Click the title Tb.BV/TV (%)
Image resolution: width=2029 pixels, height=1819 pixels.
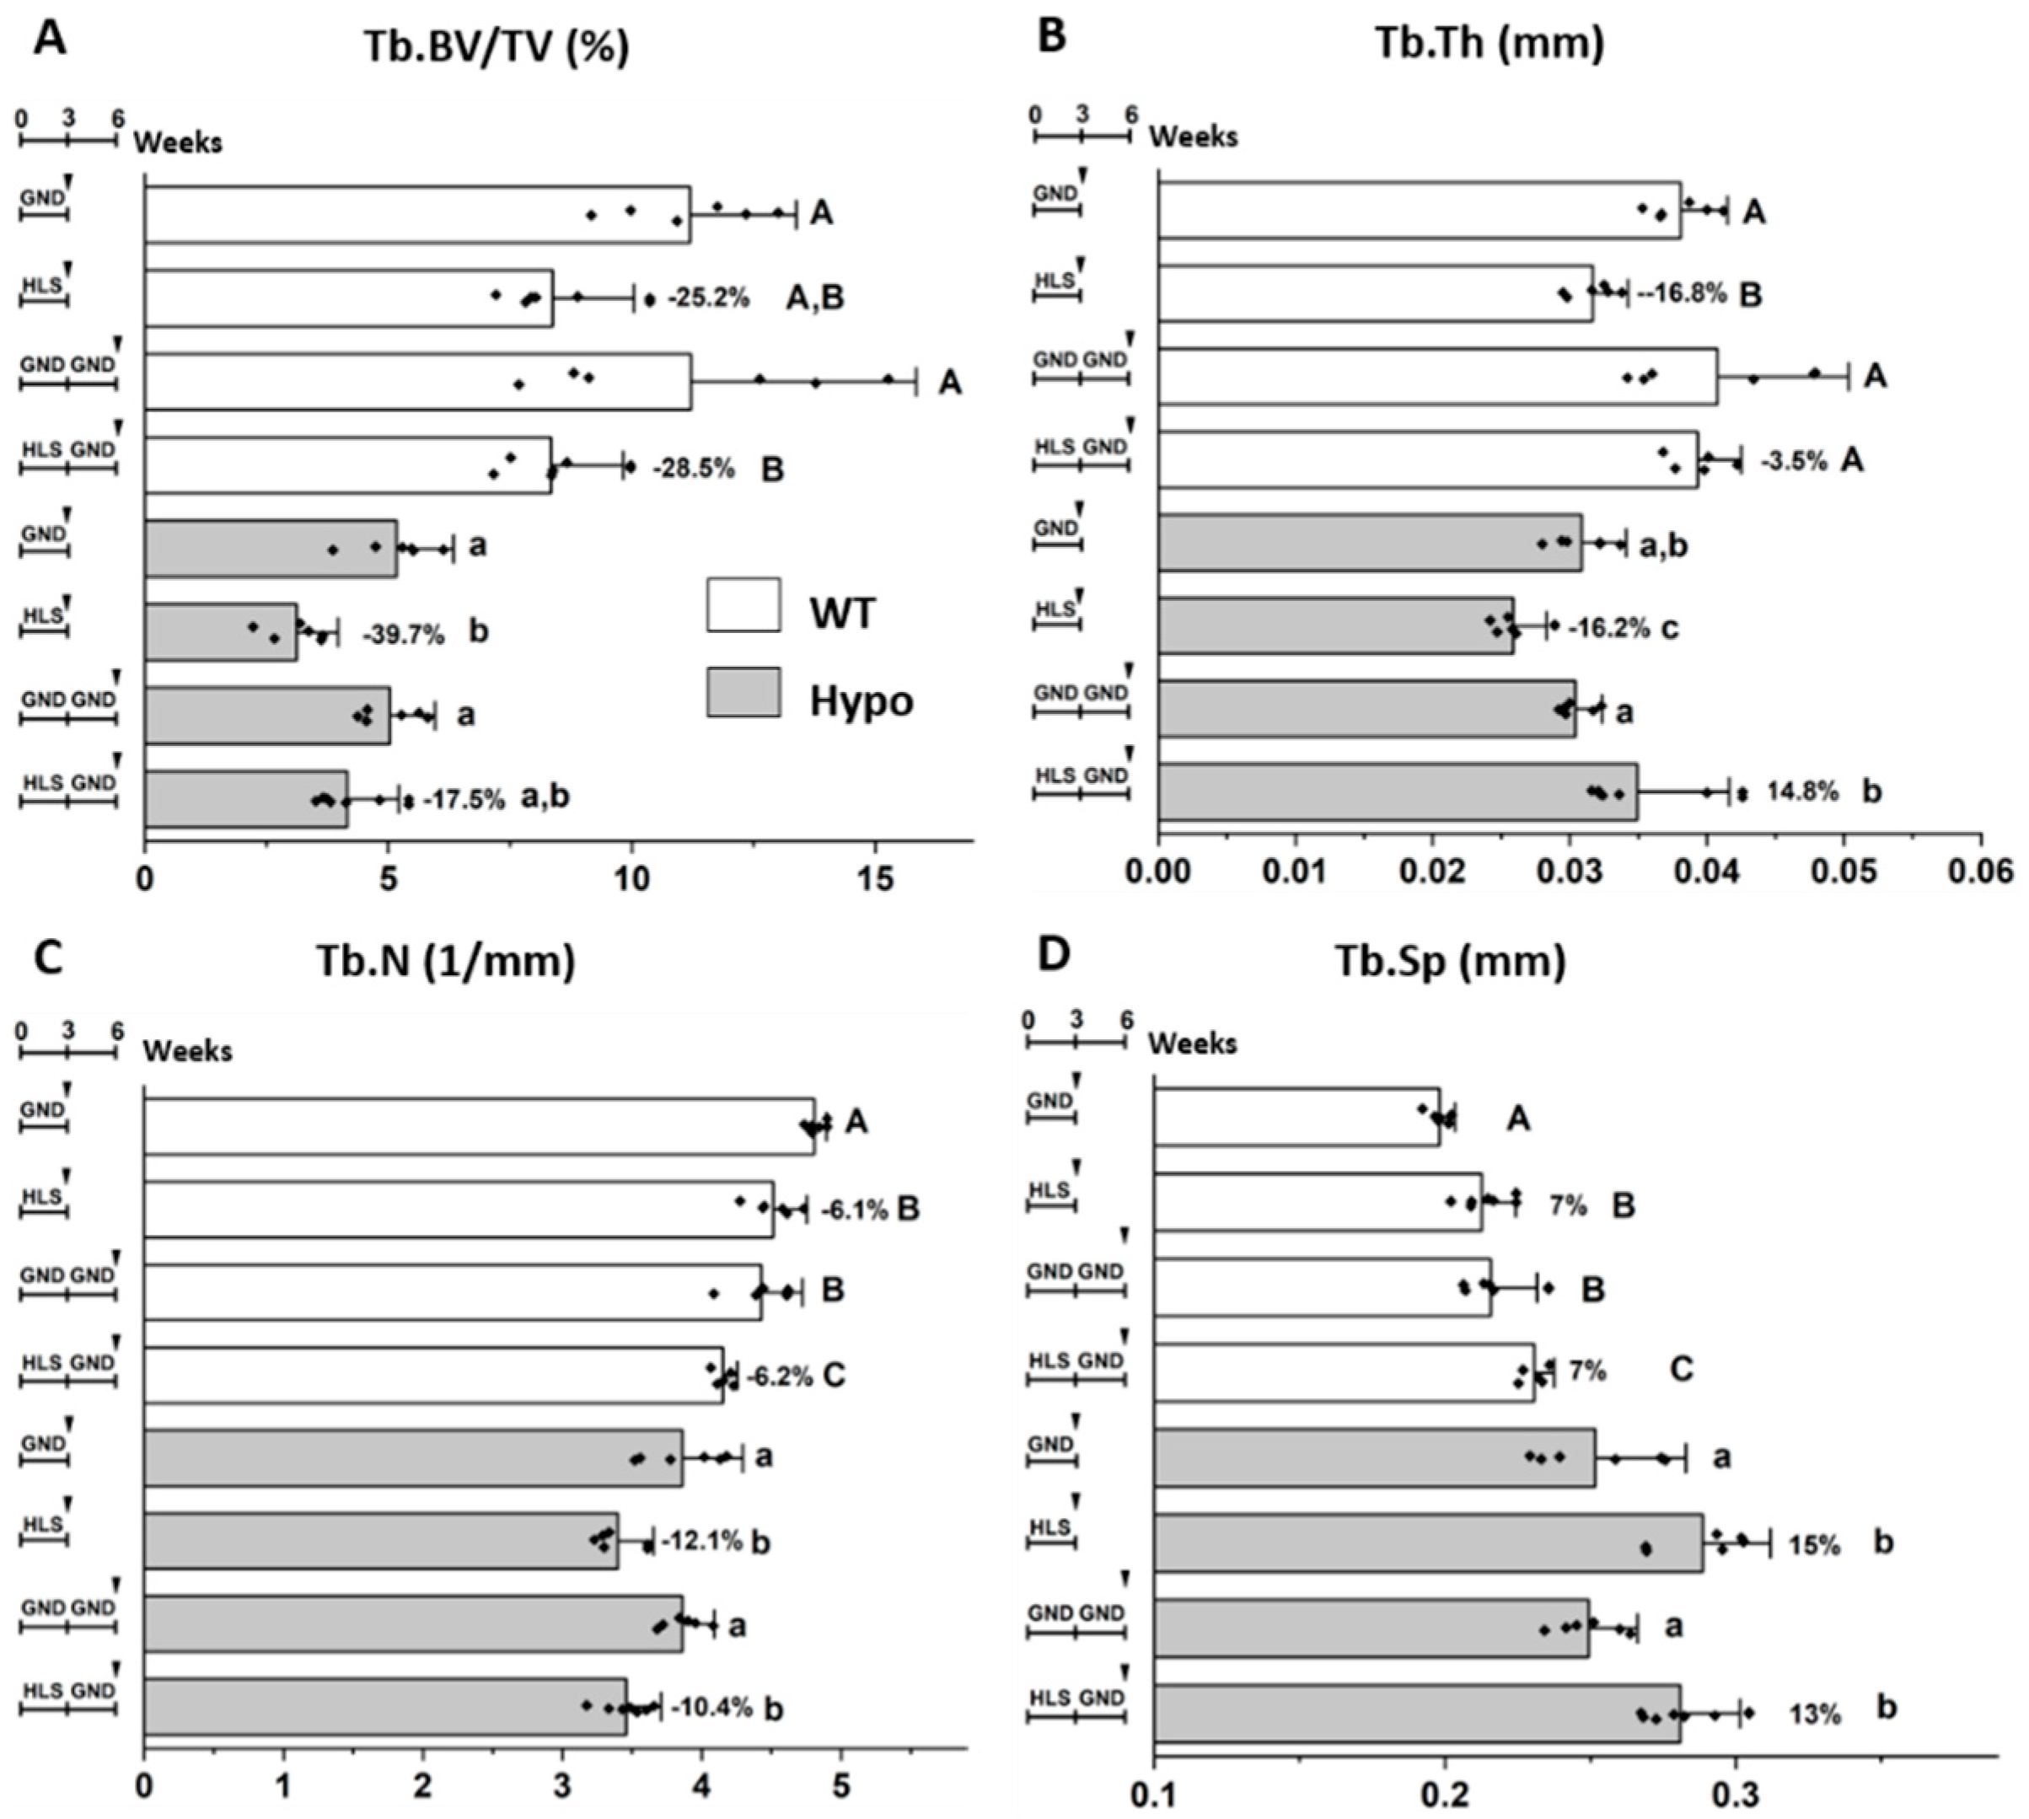(497, 47)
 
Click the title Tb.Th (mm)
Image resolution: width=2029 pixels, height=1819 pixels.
(1490, 43)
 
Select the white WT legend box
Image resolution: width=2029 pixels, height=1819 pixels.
(743, 604)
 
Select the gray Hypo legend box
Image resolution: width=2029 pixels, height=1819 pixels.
(743, 693)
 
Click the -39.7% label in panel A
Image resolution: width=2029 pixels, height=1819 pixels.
(404, 634)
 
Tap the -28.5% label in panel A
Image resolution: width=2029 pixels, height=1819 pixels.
(694, 469)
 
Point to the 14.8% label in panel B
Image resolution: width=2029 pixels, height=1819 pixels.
(1802, 791)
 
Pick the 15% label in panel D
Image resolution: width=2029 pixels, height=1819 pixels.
(1814, 1545)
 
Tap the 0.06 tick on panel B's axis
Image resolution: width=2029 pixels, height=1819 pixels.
(1980, 872)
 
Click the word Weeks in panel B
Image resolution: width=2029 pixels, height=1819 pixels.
(1194, 136)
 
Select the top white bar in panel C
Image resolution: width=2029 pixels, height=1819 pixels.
(479, 1126)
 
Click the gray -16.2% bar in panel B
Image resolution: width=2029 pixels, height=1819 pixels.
(1335, 625)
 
